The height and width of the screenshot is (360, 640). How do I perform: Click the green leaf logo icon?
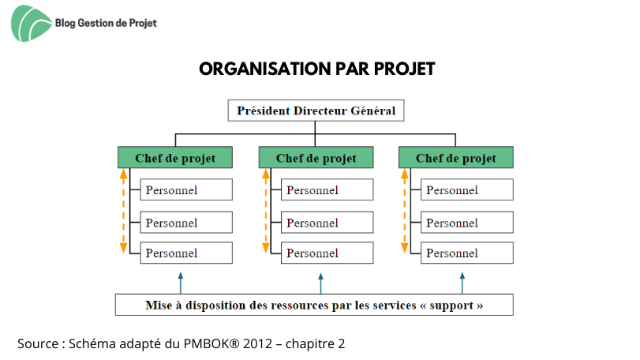pos(31,24)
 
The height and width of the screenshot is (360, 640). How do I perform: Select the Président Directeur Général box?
pos(316,111)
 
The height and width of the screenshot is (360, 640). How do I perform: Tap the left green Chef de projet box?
pos(175,158)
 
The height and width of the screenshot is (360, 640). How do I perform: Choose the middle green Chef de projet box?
pos(316,158)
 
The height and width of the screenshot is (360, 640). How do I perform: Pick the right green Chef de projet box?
pos(456,158)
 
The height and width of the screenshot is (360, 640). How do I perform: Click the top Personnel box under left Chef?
pos(186,189)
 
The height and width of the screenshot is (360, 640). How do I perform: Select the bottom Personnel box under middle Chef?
pos(327,253)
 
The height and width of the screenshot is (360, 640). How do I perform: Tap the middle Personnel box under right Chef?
pos(467,223)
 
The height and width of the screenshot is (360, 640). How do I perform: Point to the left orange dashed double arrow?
pos(123,212)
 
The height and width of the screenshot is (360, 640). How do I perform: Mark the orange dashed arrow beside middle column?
pos(266,212)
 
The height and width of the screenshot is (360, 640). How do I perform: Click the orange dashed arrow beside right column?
pos(405,212)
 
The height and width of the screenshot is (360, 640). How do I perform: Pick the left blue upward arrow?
pos(181,283)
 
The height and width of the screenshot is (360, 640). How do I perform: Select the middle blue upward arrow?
pos(321,283)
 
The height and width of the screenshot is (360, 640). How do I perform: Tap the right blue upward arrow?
pos(462,283)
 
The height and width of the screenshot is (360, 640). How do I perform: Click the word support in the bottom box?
pos(451,306)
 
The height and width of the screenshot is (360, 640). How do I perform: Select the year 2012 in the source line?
pos(257,343)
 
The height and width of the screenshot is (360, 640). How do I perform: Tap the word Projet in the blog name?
pos(143,23)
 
